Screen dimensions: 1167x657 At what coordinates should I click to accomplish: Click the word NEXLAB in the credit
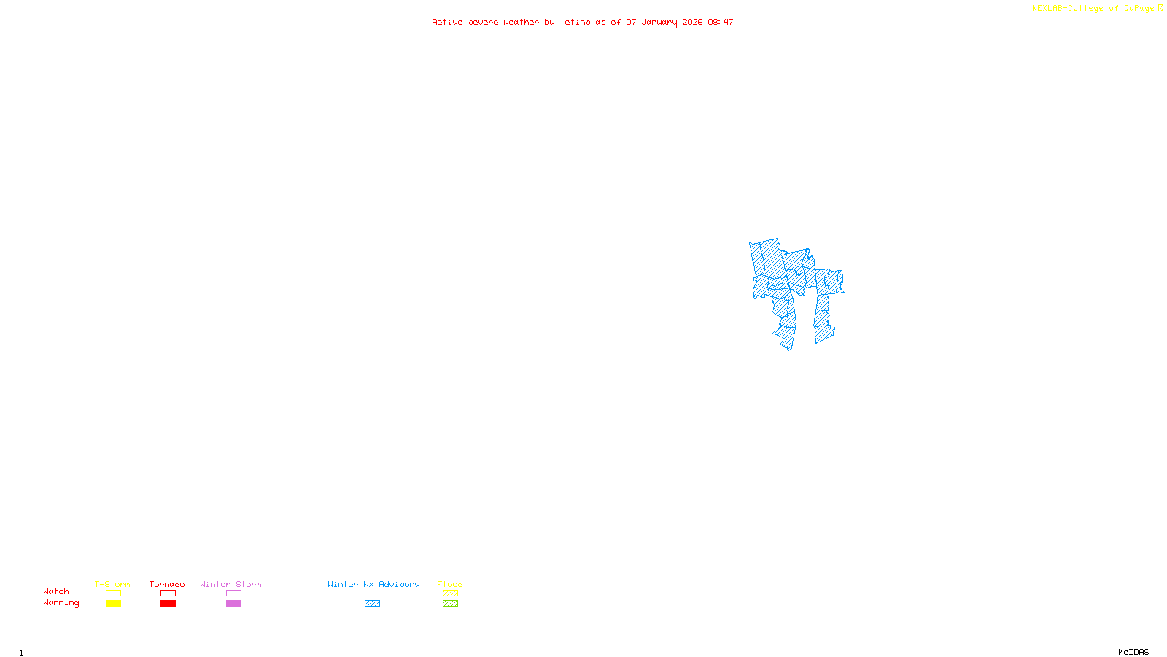click(1047, 9)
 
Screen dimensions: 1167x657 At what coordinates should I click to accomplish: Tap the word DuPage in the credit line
click(1139, 9)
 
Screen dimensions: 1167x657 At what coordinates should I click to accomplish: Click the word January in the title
click(659, 23)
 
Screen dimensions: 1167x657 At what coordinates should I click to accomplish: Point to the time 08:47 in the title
click(720, 23)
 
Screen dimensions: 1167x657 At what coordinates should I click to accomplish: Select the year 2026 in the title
click(692, 23)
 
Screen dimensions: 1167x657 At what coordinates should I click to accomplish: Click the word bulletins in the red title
click(567, 23)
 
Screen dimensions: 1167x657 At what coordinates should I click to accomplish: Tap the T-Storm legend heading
click(112, 584)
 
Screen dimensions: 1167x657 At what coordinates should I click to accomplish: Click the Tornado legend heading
click(167, 584)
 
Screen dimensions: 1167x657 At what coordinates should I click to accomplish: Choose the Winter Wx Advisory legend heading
click(373, 584)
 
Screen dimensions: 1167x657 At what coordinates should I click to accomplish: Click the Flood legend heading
click(450, 584)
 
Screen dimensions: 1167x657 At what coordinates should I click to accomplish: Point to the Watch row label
click(56, 592)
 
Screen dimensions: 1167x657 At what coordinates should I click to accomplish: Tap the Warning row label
click(61, 603)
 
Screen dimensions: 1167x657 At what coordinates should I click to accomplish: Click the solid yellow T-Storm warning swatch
click(113, 604)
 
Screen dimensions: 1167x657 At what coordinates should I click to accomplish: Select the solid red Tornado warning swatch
click(168, 604)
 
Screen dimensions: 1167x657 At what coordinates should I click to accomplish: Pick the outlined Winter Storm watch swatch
click(233, 593)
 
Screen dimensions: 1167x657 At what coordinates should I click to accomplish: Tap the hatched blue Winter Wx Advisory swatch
click(372, 604)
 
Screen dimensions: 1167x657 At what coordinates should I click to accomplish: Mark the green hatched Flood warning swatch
click(450, 604)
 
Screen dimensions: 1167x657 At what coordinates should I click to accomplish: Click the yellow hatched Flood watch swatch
click(450, 593)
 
